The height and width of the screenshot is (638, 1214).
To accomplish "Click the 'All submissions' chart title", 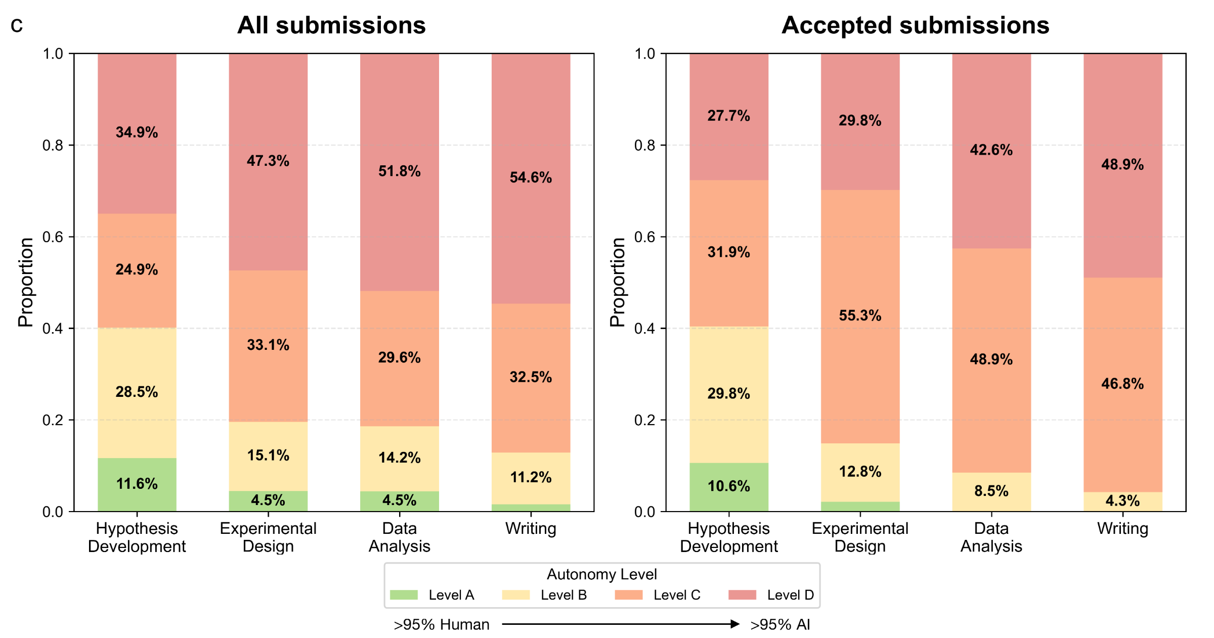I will (x=331, y=25).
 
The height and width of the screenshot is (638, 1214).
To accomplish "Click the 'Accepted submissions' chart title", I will (x=915, y=25).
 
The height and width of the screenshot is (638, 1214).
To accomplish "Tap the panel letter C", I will (x=17, y=26).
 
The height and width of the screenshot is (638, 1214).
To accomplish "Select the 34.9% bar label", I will (x=137, y=132).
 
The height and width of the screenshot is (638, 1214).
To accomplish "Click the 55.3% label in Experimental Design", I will (x=860, y=315).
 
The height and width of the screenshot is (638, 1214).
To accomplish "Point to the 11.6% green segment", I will (x=137, y=484).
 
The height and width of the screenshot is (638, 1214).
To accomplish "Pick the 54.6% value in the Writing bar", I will (x=531, y=177).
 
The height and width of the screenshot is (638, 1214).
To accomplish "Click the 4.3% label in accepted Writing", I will (x=1122, y=501).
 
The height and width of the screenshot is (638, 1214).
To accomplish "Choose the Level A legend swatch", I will (x=404, y=595).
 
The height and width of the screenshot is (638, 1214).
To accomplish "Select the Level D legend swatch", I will (x=742, y=595).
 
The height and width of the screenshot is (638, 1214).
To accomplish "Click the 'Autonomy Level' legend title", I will (x=601, y=574).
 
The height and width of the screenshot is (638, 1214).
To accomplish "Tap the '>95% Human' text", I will (x=441, y=624).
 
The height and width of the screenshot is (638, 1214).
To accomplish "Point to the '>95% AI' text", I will (x=780, y=624).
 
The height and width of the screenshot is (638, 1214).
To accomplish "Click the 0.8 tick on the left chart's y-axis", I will (x=53, y=146).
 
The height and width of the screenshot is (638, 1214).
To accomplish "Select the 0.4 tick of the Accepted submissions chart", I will (x=644, y=329).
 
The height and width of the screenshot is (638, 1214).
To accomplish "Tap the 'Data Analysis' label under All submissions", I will (x=399, y=537).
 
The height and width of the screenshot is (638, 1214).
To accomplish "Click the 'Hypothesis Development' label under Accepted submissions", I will (x=728, y=537).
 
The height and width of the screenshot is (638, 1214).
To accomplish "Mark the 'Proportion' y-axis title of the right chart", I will (x=618, y=282).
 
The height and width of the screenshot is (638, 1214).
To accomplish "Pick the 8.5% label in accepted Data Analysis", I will (x=991, y=491).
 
